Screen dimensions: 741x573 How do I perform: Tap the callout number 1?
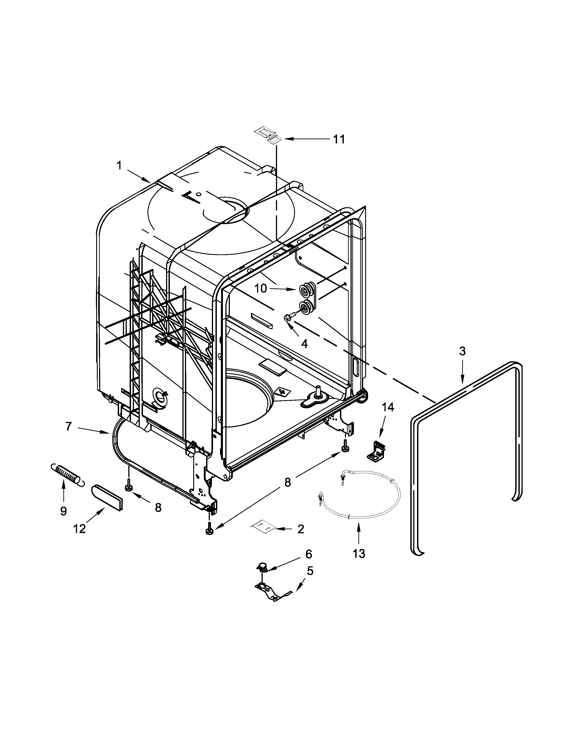(119, 165)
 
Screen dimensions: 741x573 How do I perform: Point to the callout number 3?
(462, 351)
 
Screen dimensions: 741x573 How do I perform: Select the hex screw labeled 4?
(288, 318)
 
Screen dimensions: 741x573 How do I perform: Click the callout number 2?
(301, 529)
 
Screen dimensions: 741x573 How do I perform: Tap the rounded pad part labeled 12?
(107, 497)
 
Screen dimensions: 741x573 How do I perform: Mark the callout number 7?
(69, 426)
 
